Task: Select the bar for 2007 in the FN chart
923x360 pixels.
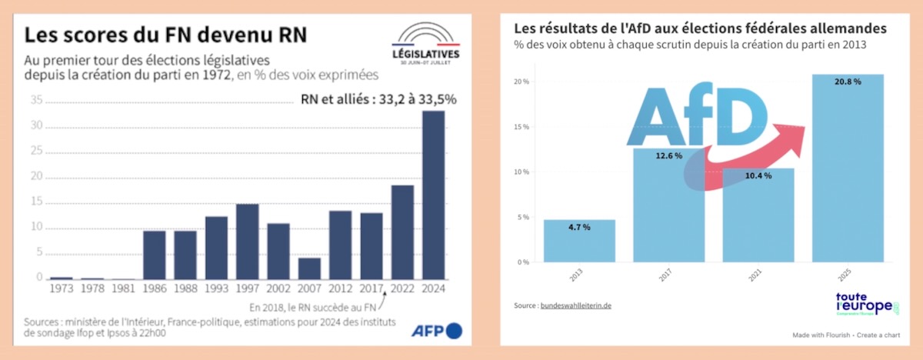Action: [309, 268]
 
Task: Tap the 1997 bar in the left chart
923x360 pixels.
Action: [247, 242]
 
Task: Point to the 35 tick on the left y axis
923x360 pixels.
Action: [36, 100]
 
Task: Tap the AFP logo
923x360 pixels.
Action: [437, 331]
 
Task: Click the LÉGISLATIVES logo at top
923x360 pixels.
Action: [425, 46]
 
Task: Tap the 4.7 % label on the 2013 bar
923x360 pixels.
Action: [579, 228]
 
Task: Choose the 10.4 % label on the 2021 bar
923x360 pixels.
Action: [758, 175]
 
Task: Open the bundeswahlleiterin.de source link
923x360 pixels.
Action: [577, 306]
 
